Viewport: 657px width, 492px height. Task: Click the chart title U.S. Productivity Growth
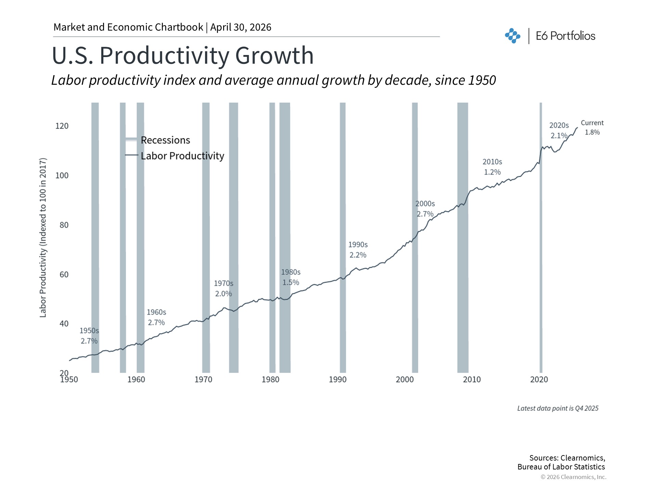click(182, 55)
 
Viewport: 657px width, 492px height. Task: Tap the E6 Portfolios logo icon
click(512, 36)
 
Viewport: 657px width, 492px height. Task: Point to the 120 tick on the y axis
click(62, 126)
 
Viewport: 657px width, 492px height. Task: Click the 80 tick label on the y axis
click(64, 225)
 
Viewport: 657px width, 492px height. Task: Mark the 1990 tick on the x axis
click(338, 380)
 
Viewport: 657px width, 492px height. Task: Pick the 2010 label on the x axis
click(472, 380)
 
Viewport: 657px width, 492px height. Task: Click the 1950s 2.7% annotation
click(89, 336)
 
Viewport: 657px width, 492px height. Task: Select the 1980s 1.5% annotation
click(291, 277)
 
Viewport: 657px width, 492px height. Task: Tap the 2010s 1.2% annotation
click(492, 167)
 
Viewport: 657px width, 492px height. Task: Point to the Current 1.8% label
click(592, 127)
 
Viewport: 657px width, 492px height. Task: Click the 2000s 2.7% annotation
click(425, 209)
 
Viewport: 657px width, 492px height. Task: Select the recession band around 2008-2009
click(463, 239)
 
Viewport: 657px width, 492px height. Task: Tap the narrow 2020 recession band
click(541, 239)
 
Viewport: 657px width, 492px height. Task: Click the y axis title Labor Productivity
click(43, 237)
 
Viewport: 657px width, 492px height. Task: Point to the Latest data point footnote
click(557, 408)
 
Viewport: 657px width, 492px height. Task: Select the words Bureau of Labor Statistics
click(561, 467)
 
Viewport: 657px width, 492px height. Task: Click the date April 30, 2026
click(241, 27)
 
